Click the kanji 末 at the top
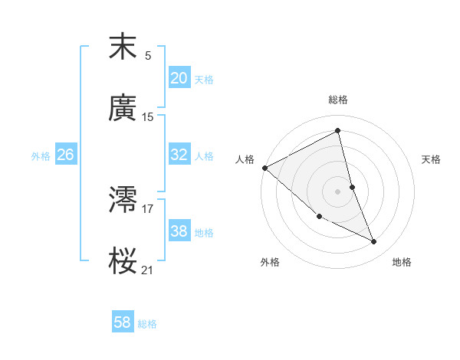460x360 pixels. [123, 47]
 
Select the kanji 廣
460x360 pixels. [123, 109]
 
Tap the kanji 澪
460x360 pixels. [123, 201]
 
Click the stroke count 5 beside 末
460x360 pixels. [148, 55]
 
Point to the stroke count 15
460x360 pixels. [148, 117]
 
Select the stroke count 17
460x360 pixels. [148, 208]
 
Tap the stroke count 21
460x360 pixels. [148, 270]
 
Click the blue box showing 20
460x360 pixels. [179, 77]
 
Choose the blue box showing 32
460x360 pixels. [179, 155]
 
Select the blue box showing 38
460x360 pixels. [179, 231]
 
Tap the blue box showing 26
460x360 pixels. [66, 155]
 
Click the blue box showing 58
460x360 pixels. [123, 323]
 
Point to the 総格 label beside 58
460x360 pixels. [147, 324]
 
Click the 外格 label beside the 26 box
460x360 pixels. [41, 155]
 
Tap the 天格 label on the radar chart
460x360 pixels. [431, 159]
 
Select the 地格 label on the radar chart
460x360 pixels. [402, 262]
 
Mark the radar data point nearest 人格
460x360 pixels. [264, 168]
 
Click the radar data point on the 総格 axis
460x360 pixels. [338, 131]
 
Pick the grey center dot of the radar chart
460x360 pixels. [338, 191]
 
